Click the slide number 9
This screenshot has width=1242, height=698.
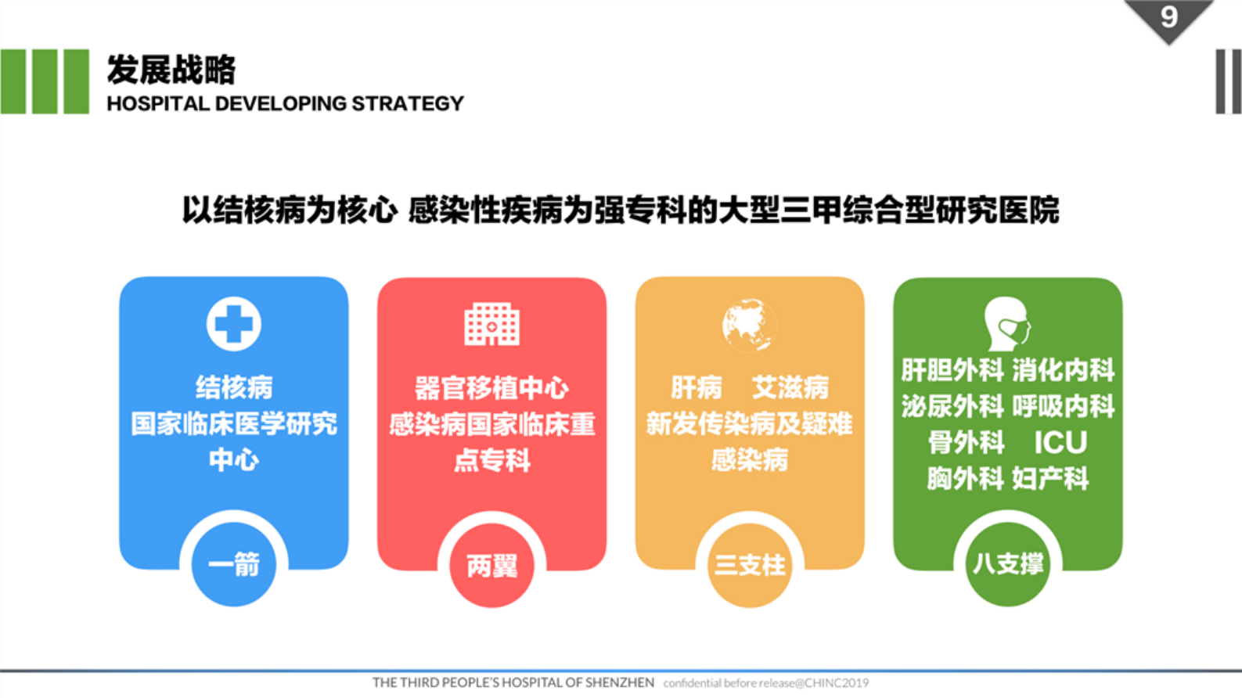[x=1168, y=16]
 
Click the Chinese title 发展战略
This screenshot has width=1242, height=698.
[x=171, y=70]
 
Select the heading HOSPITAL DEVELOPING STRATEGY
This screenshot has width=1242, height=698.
[x=285, y=103]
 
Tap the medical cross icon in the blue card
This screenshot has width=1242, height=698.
[x=233, y=323]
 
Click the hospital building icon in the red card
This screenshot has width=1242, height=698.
[x=491, y=324]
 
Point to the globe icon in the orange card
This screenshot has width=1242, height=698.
[x=749, y=324]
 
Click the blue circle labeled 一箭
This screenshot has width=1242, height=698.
[x=233, y=564]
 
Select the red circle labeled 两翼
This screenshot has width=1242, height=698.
[x=491, y=565]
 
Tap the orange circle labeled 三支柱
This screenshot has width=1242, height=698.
[x=749, y=565]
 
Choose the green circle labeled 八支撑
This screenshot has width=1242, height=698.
[x=1007, y=564]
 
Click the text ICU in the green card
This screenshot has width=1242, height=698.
[x=1060, y=443]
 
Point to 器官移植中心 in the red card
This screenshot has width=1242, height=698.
[x=491, y=388]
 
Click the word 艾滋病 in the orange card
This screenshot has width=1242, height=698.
[x=790, y=387]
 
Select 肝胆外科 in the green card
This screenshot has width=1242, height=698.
[x=952, y=370]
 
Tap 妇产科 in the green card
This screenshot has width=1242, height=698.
[x=1050, y=478]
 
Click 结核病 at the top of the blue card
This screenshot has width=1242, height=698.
[x=233, y=387]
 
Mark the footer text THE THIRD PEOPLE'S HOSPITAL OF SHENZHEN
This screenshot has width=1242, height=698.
[x=513, y=682]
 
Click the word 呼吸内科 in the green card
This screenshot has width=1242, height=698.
[x=1063, y=406]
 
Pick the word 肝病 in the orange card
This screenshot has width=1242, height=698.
[x=696, y=387]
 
